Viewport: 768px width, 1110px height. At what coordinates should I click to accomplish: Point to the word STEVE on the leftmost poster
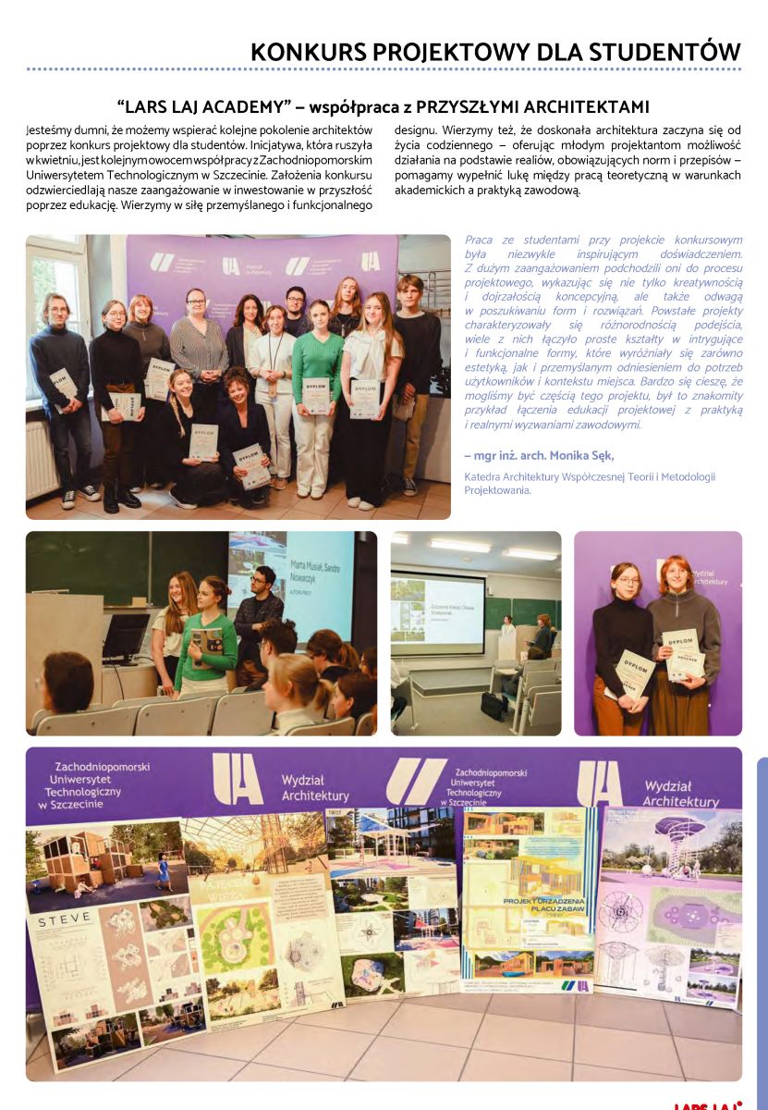point(64,918)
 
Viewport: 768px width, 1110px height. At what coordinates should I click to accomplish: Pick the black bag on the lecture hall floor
point(493,706)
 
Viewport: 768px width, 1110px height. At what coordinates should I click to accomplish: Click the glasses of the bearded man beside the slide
point(262,580)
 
